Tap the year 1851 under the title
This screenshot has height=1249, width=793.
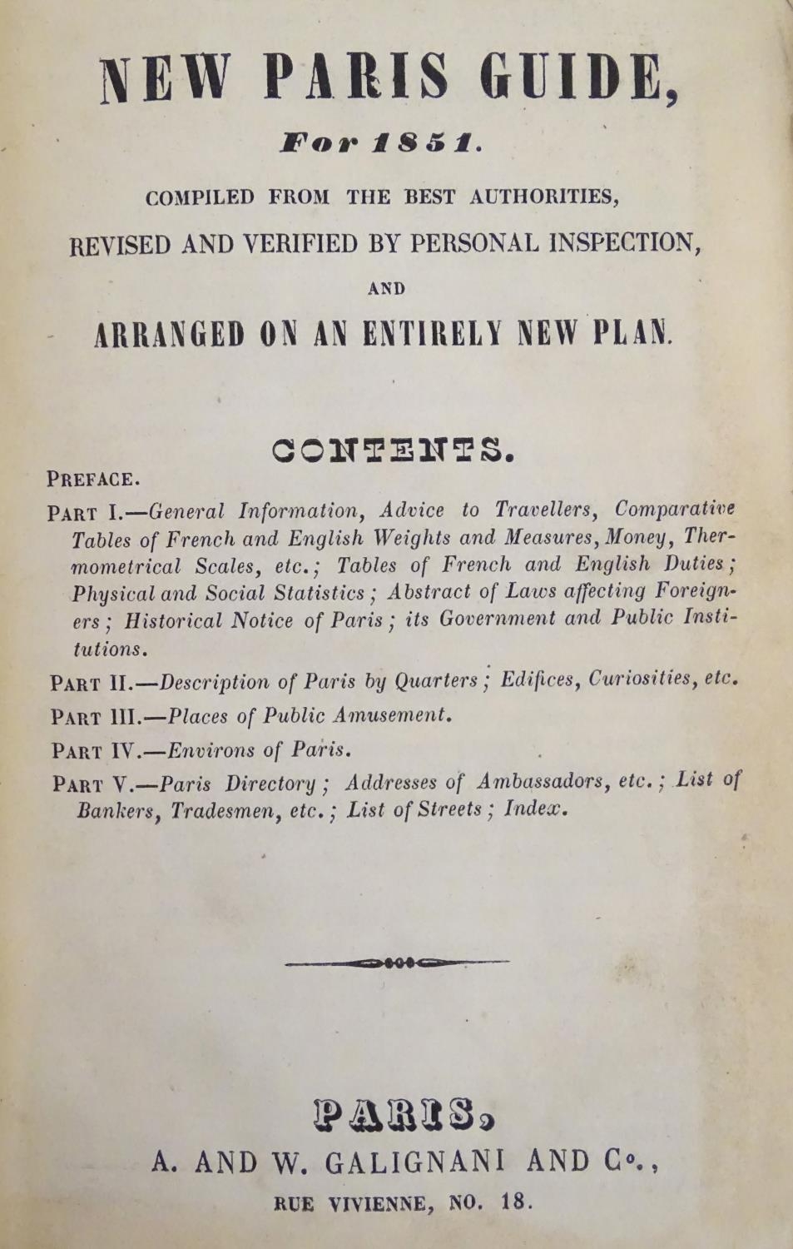pyautogui.click(x=426, y=144)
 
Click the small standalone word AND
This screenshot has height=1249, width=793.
pyautogui.click(x=386, y=289)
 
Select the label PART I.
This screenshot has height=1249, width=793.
pyautogui.click(x=86, y=511)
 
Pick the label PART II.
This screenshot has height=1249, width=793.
pyautogui.click(x=87, y=684)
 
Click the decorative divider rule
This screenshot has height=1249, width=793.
pyautogui.click(x=397, y=963)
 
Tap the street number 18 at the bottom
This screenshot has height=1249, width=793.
pyautogui.click(x=515, y=1202)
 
